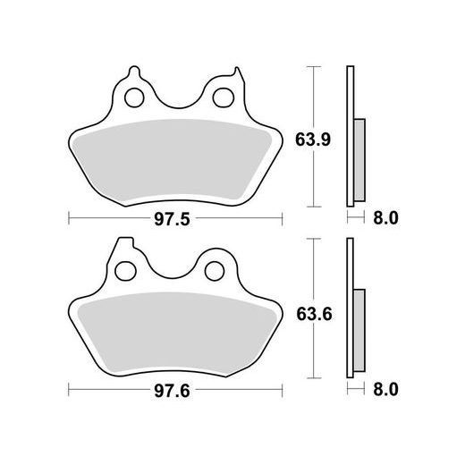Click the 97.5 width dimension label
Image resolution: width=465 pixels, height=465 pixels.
click(x=176, y=217)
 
